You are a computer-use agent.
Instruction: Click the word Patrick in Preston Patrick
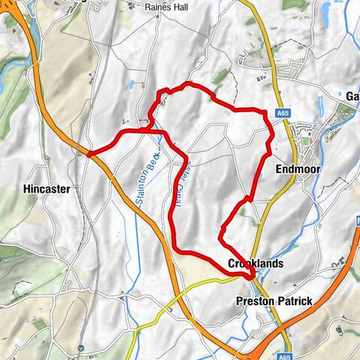tap(295, 301)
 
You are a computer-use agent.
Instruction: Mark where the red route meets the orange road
tap(89, 154)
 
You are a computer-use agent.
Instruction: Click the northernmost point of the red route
tap(187, 83)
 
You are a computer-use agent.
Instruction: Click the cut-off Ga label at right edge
tap(352, 96)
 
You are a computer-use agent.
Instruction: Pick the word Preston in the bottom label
tap(255, 301)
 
